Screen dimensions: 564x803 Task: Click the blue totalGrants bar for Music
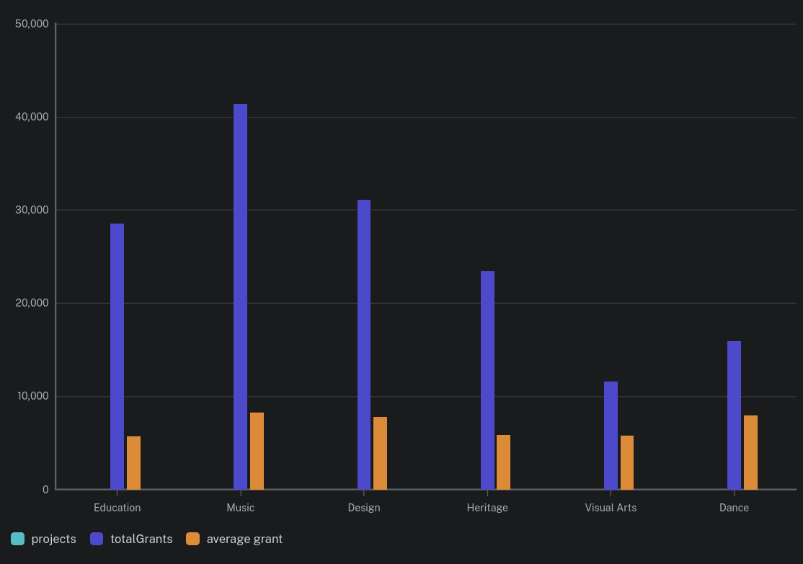(x=240, y=296)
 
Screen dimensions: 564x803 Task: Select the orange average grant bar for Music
(x=257, y=451)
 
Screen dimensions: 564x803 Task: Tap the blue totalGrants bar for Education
(x=117, y=356)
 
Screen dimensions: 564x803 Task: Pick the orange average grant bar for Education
(x=133, y=462)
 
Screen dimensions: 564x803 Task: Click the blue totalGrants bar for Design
(x=364, y=344)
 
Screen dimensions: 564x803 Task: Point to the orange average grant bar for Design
(x=380, y=453)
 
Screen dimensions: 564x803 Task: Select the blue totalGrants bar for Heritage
(x=487, y=380)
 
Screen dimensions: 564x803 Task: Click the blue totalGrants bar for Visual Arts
(x=611, y=435)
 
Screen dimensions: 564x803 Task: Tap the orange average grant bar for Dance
(x=750, y=452)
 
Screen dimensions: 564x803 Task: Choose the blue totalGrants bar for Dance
(x=734, y=415)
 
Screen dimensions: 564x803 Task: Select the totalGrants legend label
(x=141, y=539)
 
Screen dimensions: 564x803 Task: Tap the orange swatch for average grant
(x=192, y=539)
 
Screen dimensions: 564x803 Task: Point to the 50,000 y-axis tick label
(x=32, y=24)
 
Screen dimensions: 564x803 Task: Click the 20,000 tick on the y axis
(x=32, y=303)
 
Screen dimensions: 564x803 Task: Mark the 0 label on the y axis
(x=45, y=490)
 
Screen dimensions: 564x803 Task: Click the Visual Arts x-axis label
(x=611, y=508)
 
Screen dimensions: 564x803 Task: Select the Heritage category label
(x=487, y=508)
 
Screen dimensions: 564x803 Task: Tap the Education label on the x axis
(x=117, y=508)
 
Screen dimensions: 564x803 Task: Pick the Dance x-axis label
(x=734, y=508)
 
